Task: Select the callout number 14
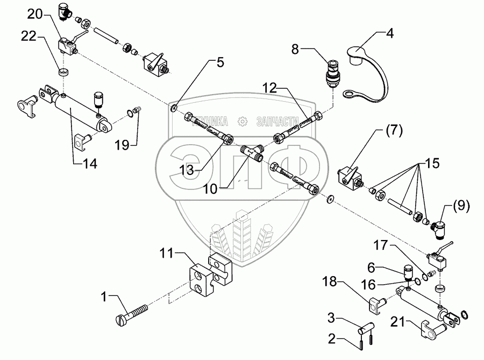tap(86, 164)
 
